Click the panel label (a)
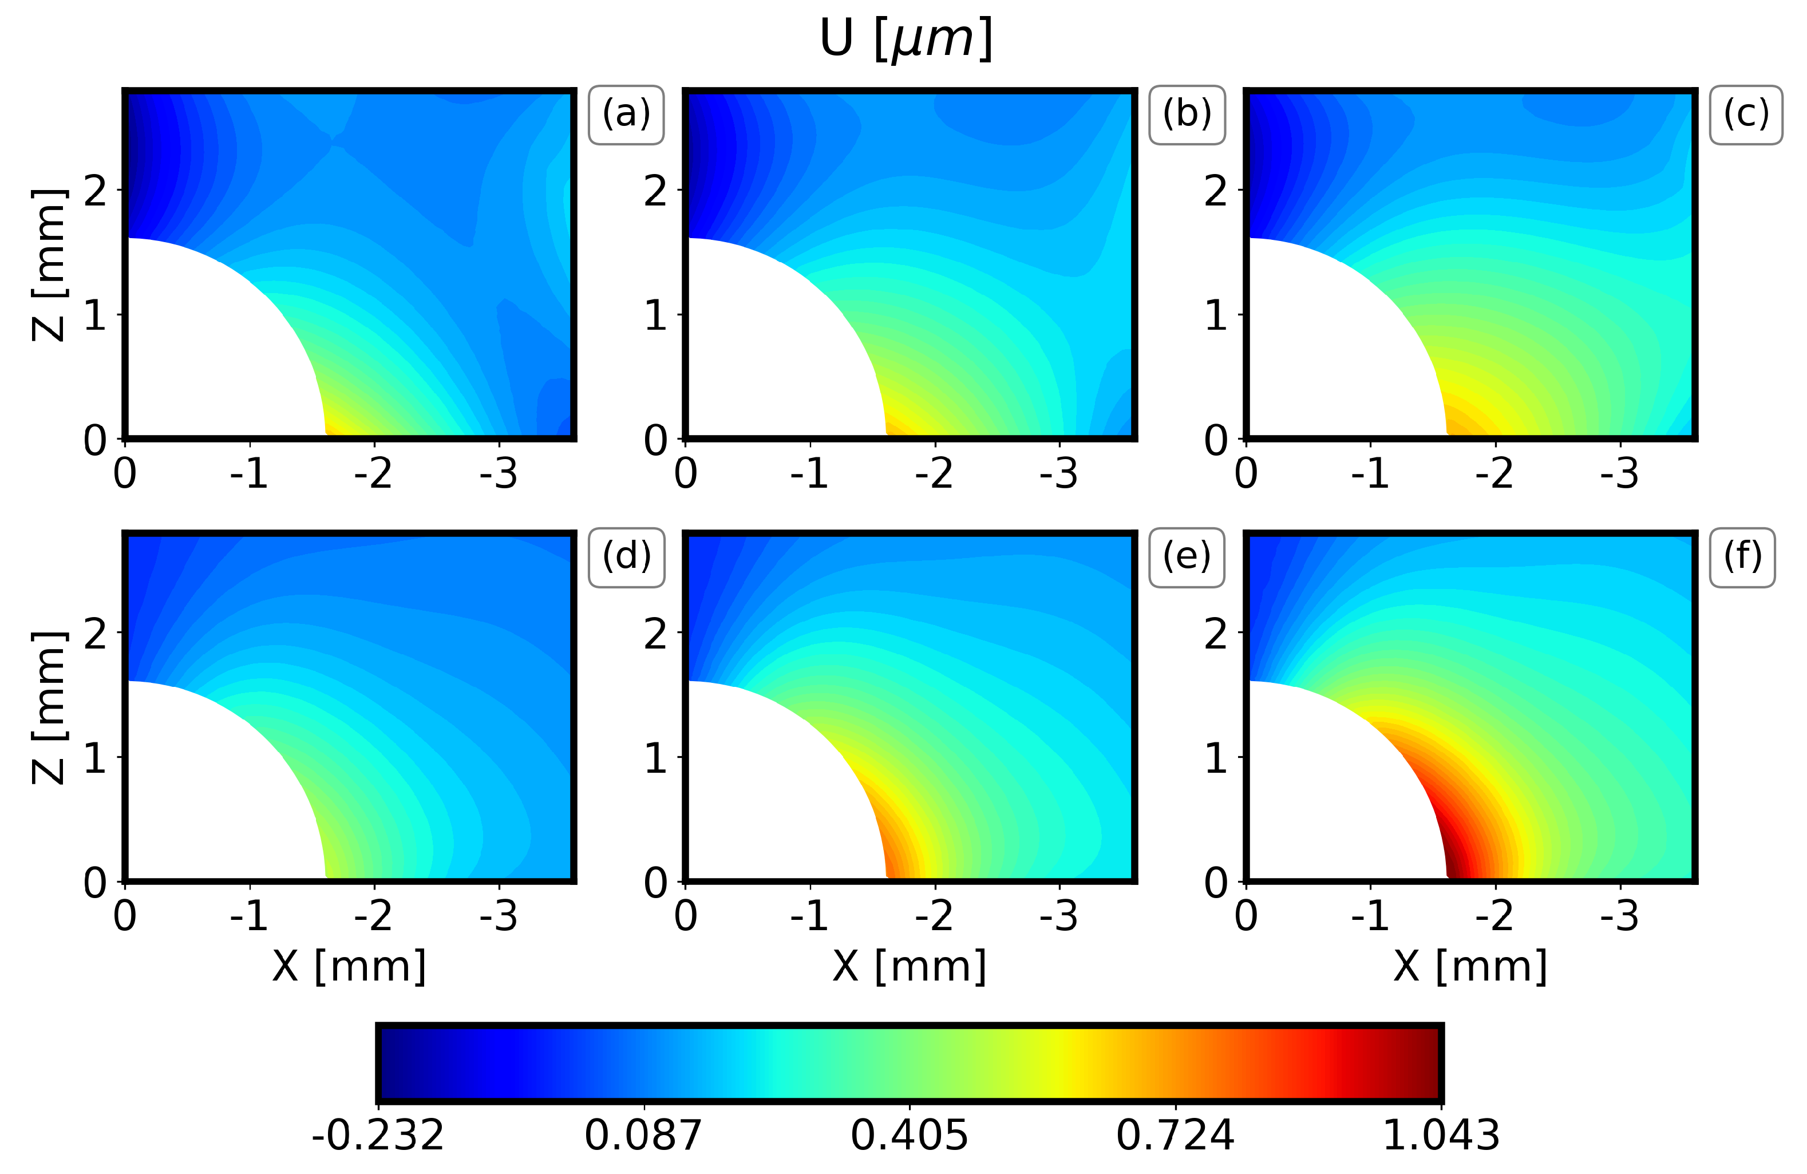coord(626,114)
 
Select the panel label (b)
coord(1187,114)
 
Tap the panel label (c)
coord(1746,114)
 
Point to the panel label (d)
coord(626,558)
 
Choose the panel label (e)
coord(1187,558)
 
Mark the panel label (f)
coord(1742,558)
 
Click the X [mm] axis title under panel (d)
coord(349,967)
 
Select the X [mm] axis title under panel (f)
coord(1470,967)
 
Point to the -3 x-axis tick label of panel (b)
coord(1059,475)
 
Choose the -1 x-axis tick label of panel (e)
coord(809,916)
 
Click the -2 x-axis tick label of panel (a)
coord(374,475)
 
